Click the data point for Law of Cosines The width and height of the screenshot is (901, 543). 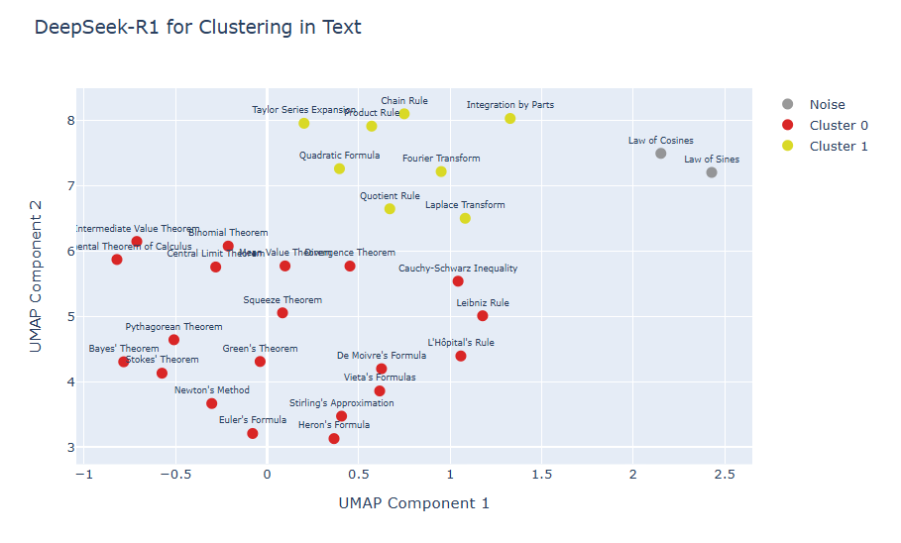(660, 154)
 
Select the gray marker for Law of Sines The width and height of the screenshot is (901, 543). (712, 172)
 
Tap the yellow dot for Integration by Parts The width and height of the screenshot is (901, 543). (509, 119)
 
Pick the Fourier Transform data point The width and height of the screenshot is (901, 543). (441, 171)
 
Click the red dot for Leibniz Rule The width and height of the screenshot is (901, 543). (483, 316)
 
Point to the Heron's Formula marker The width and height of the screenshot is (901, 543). (334, 438)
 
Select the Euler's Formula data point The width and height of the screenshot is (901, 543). (253, 433)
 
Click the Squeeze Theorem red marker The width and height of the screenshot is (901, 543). (282, 313)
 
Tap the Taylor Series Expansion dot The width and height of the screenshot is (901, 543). (304, 123)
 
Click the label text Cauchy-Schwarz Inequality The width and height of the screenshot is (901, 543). (458, 269)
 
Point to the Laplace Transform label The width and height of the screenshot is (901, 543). (465, 205)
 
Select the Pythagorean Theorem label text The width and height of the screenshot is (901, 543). (173, 326)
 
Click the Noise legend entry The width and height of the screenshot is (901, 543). (827, 104)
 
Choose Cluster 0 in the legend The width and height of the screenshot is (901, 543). (838, 125)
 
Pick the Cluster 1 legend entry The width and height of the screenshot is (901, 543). (838, 146)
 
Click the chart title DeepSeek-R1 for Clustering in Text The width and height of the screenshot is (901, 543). (197, 28)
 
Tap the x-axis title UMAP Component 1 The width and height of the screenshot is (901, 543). (413, 503)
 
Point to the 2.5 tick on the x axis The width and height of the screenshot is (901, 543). (724, 476)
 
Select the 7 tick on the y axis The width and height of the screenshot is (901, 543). (70, 185)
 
